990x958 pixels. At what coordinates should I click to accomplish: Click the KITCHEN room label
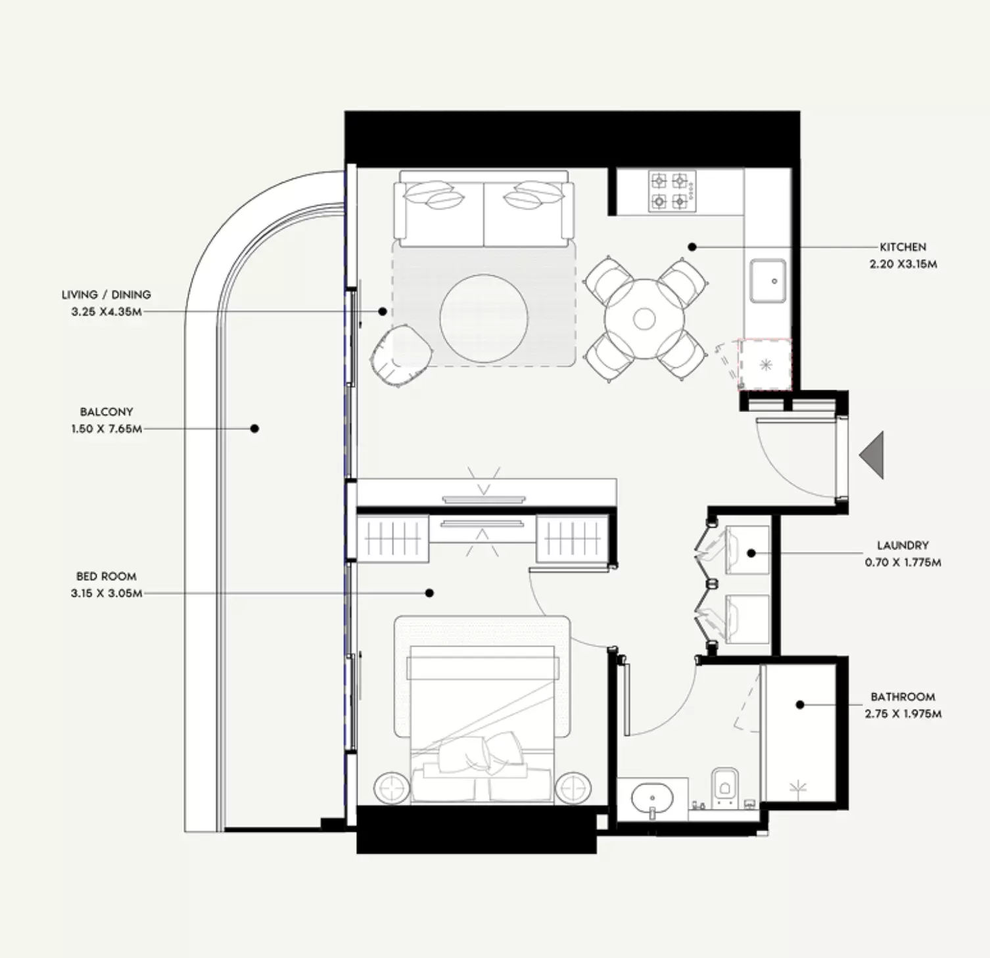point(903,247)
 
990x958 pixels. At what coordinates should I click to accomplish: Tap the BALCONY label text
point(106,412)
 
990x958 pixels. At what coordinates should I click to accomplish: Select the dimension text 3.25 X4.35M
point(106,311)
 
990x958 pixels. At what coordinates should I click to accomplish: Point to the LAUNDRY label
point(903,545)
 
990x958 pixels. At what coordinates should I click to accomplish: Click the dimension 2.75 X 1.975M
point(903,714)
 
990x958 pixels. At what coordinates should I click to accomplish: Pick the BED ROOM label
point(106,576)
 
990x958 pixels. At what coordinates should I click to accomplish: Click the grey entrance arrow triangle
point(871,455)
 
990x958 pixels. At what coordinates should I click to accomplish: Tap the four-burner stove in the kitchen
point(672,191)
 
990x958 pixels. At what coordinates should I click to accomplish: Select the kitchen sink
point(768,281)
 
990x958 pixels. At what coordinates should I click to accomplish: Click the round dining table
point(644,319)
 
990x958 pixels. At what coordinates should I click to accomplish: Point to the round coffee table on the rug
point(484,319)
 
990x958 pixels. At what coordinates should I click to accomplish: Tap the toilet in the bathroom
point(724,786)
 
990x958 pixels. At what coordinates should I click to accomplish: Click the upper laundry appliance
point(747,550)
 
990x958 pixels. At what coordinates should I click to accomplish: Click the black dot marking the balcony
point(254,428)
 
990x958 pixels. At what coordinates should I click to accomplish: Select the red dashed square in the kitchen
point(765,365)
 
